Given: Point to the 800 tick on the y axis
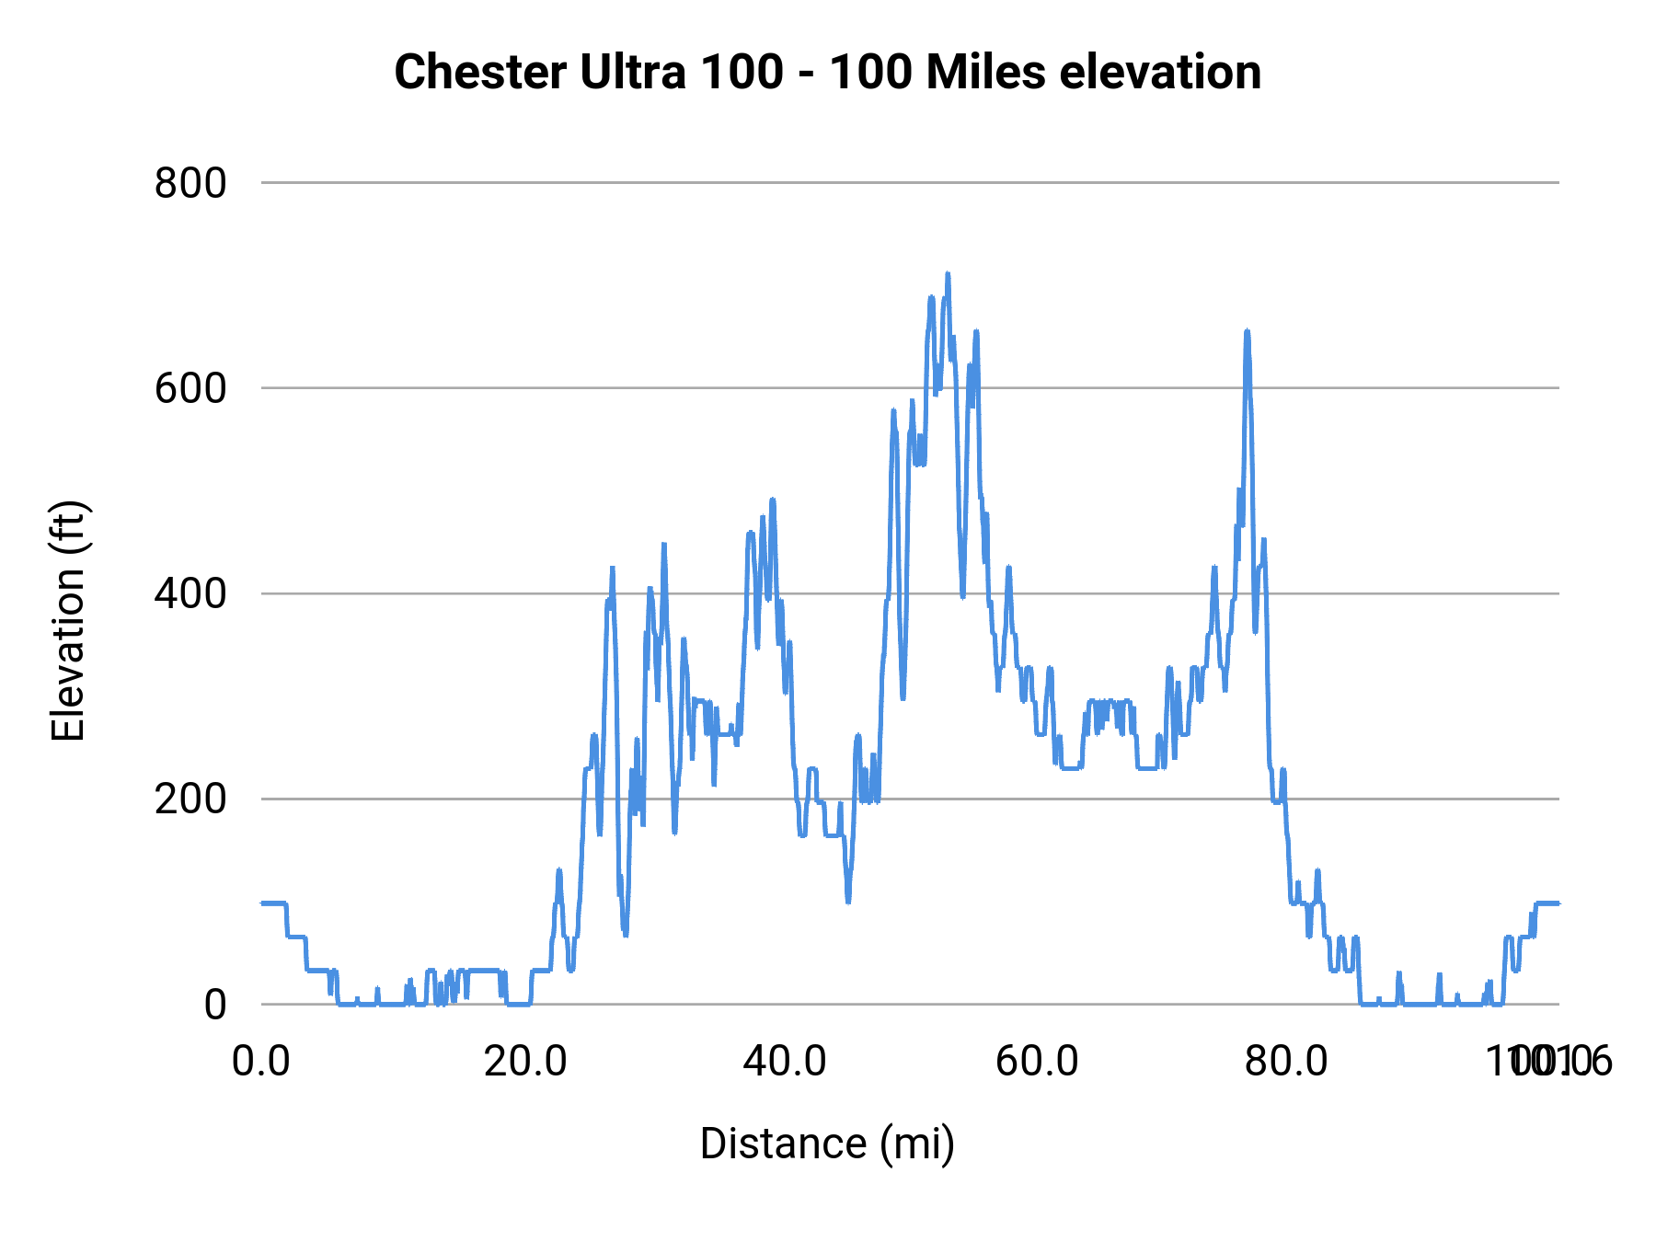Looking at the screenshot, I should click(x=190, y=183).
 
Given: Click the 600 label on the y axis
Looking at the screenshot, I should click(x=190, y=388).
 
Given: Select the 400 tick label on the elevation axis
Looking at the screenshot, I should click(x=190, y=593).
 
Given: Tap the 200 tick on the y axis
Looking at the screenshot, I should click(x=190, y=799).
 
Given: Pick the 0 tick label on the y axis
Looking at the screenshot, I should click(x=215, y=1005).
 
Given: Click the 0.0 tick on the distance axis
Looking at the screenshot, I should click(x=261, y=1062).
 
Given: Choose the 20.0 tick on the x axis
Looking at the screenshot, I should click(x=525, y=1062).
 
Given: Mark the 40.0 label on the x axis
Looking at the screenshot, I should click(x=785, y=1062).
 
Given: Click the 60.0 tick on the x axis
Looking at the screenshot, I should click(x=1037, y=1062).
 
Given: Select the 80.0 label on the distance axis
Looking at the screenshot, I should click(x=1286, y=1062).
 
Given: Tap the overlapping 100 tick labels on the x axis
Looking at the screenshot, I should click(x=1549, y=1062).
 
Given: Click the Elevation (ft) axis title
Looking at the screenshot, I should click(x=68, y=621).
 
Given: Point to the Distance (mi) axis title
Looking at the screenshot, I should click(x=827, y=1144).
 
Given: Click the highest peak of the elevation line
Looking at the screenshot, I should click(x=947, y=274).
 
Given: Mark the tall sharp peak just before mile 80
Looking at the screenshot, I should click(x=1247, y=331).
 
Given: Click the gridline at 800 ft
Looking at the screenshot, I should click(x=911, y=183).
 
